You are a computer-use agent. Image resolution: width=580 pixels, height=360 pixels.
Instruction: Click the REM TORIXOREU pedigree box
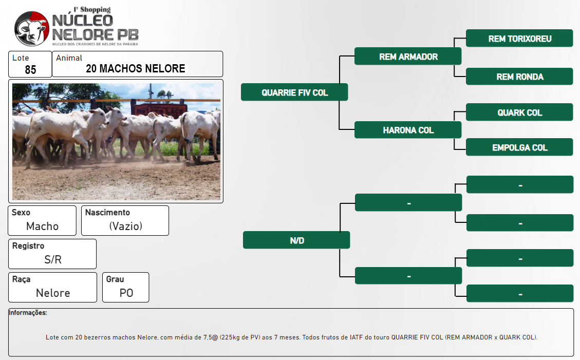pos(519,39)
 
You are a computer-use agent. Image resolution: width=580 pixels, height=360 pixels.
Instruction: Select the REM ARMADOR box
pos(408,56)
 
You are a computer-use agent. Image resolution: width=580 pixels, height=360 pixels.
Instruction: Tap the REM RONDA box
pos(519,77)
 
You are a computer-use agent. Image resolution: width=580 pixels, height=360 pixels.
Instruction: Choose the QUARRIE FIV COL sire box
pos(294,92)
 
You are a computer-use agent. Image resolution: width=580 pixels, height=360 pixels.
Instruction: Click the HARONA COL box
pos(408,130)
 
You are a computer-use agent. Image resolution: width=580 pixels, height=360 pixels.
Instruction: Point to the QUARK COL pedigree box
pos(519,112)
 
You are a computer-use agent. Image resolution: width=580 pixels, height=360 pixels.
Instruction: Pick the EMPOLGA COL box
pos(519,147)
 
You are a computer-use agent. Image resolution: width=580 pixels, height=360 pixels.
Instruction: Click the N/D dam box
pos(296,240)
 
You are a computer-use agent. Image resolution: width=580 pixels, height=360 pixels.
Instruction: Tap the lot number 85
pos(30,69)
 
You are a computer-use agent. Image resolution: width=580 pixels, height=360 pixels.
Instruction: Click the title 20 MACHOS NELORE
pos(136,68)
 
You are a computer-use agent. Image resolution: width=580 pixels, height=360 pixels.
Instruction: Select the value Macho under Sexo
pos(42,226)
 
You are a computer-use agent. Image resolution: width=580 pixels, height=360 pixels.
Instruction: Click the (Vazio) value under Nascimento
pos(126,226)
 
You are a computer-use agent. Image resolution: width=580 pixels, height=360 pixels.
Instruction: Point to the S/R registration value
pos(53,259)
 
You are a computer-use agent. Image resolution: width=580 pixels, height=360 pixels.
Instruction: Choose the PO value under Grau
pos(126,293)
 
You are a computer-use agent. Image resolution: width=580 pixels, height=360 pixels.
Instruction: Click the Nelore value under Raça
pos(53,293)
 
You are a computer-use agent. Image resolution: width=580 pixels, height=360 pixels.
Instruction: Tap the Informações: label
pos(28,313)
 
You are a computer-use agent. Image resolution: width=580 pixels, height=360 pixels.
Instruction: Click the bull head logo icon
pos(31,28)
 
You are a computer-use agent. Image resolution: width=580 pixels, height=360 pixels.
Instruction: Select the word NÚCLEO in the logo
pos(83,21)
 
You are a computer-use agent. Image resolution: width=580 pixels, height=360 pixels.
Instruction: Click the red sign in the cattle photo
pos(159,110)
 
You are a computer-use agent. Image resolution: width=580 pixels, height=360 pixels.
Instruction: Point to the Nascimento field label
pos(107,212)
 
